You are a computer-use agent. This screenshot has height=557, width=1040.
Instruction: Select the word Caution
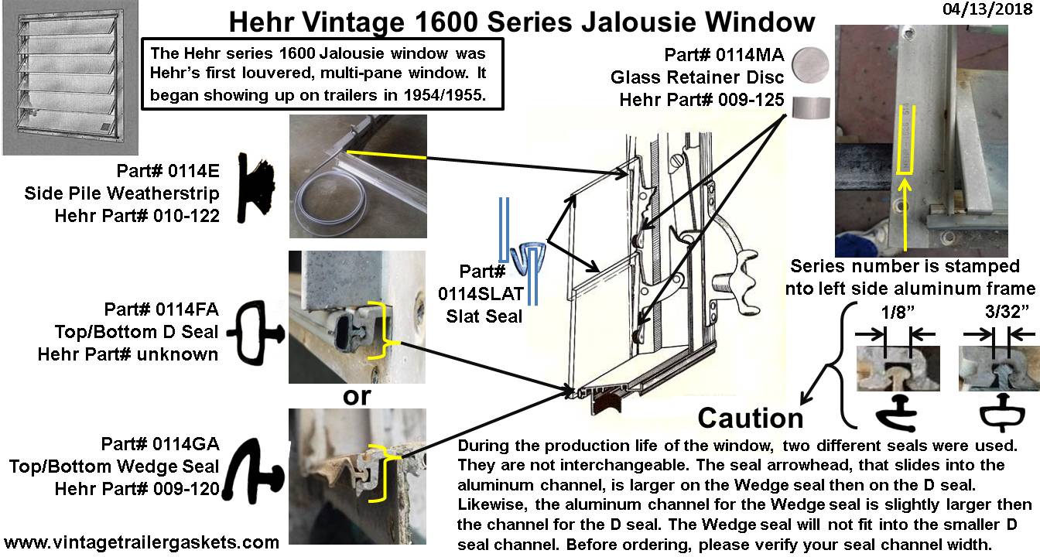[751, 418]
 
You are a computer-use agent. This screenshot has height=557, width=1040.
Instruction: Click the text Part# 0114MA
[724, 56]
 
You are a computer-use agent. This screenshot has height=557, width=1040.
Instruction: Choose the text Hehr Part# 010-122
[137, 216]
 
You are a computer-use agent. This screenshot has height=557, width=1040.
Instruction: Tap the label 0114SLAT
[492, 293]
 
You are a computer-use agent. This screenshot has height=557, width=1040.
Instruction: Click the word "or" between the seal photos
[356, 396]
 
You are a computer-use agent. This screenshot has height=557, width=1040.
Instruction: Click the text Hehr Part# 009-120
[137, 489]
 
